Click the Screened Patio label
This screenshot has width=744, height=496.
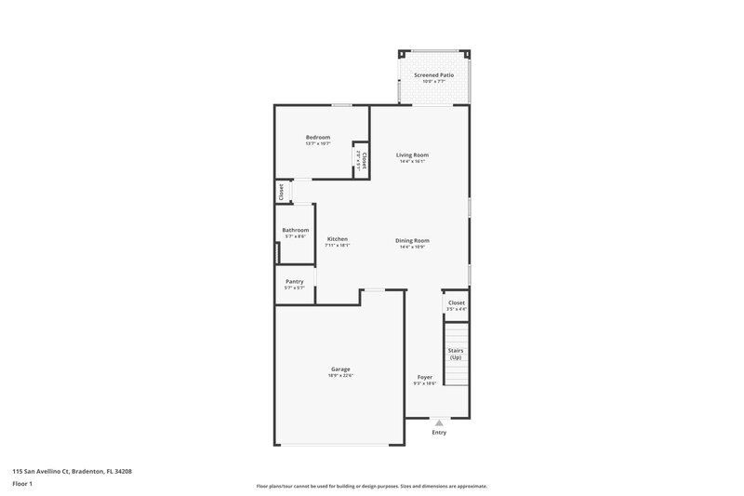coord(433,74)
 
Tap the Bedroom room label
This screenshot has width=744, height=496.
coord(318,138)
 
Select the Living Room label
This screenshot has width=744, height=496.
coord(412,154)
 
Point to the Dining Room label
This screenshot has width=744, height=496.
coord(412,240)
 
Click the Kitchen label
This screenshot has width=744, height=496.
coord(338,239)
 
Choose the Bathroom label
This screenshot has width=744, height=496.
coord(296,230)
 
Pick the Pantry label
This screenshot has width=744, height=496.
coord(295,281)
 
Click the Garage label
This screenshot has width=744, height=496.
coord(340,369)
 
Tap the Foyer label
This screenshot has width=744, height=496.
coord(424,377)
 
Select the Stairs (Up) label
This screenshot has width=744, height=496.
coord(456,354)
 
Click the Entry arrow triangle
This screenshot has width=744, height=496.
coord(440,422)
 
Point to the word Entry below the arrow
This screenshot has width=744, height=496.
coord(440,433)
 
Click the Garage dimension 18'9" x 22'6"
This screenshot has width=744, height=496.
coord(340,375)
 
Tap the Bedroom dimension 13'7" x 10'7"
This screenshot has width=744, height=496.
coord(318,144)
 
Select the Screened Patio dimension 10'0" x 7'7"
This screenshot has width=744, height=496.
coord(433,81)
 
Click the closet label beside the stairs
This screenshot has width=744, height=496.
coord(457,302)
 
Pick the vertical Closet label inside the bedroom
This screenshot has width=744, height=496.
coord(364,161)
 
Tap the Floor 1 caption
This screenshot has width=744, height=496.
coord(23,484)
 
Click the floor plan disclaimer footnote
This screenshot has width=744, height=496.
coord(372,486)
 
